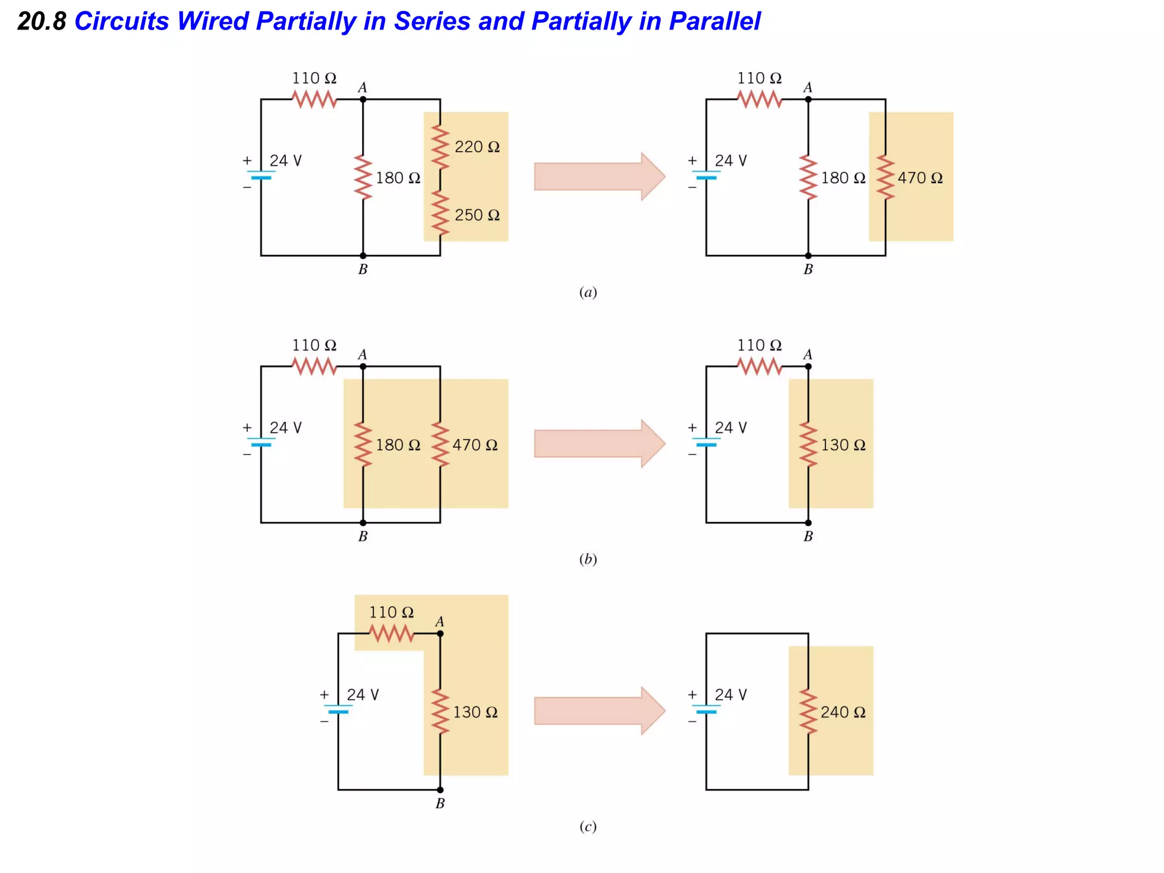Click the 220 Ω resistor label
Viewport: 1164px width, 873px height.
[477, 147]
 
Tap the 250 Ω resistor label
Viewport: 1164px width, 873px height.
[477, 215]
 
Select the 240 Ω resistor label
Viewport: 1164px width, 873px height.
[843, 712]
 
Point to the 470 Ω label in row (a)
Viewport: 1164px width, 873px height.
[920, 178]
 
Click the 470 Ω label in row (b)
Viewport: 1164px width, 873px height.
[475, 445]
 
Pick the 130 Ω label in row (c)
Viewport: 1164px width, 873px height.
[475, 712]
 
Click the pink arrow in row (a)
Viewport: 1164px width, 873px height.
[599, 176]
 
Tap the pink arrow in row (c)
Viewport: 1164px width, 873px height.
[599, 710]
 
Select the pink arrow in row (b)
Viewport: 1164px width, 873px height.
[599, 443]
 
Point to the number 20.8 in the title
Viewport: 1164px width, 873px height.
[41, 22]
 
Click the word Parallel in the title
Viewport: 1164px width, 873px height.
[714, 22]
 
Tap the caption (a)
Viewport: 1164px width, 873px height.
[588, 292]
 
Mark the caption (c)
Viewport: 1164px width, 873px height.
[588, 826]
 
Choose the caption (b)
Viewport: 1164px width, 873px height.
[588, 559]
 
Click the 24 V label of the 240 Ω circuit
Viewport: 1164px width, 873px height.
[730, 695]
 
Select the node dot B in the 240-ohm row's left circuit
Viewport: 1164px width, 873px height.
[440, 789]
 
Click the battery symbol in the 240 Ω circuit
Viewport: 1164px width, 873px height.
[706, 709]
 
